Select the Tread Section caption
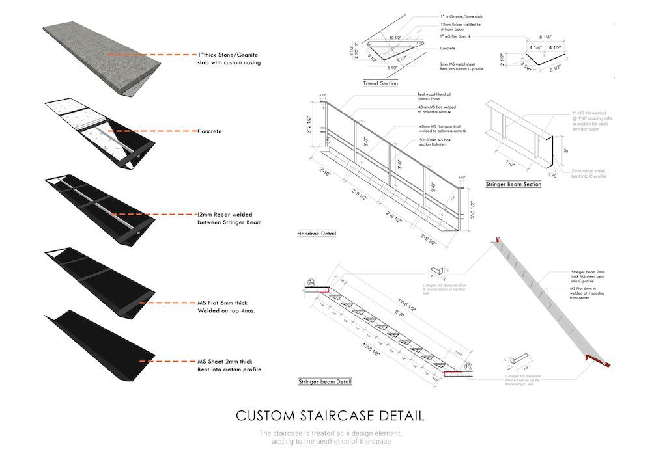[380, 84]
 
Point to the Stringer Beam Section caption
[513, 185]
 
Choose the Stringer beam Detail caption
[324, 382]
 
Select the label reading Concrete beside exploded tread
[209, 131]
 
